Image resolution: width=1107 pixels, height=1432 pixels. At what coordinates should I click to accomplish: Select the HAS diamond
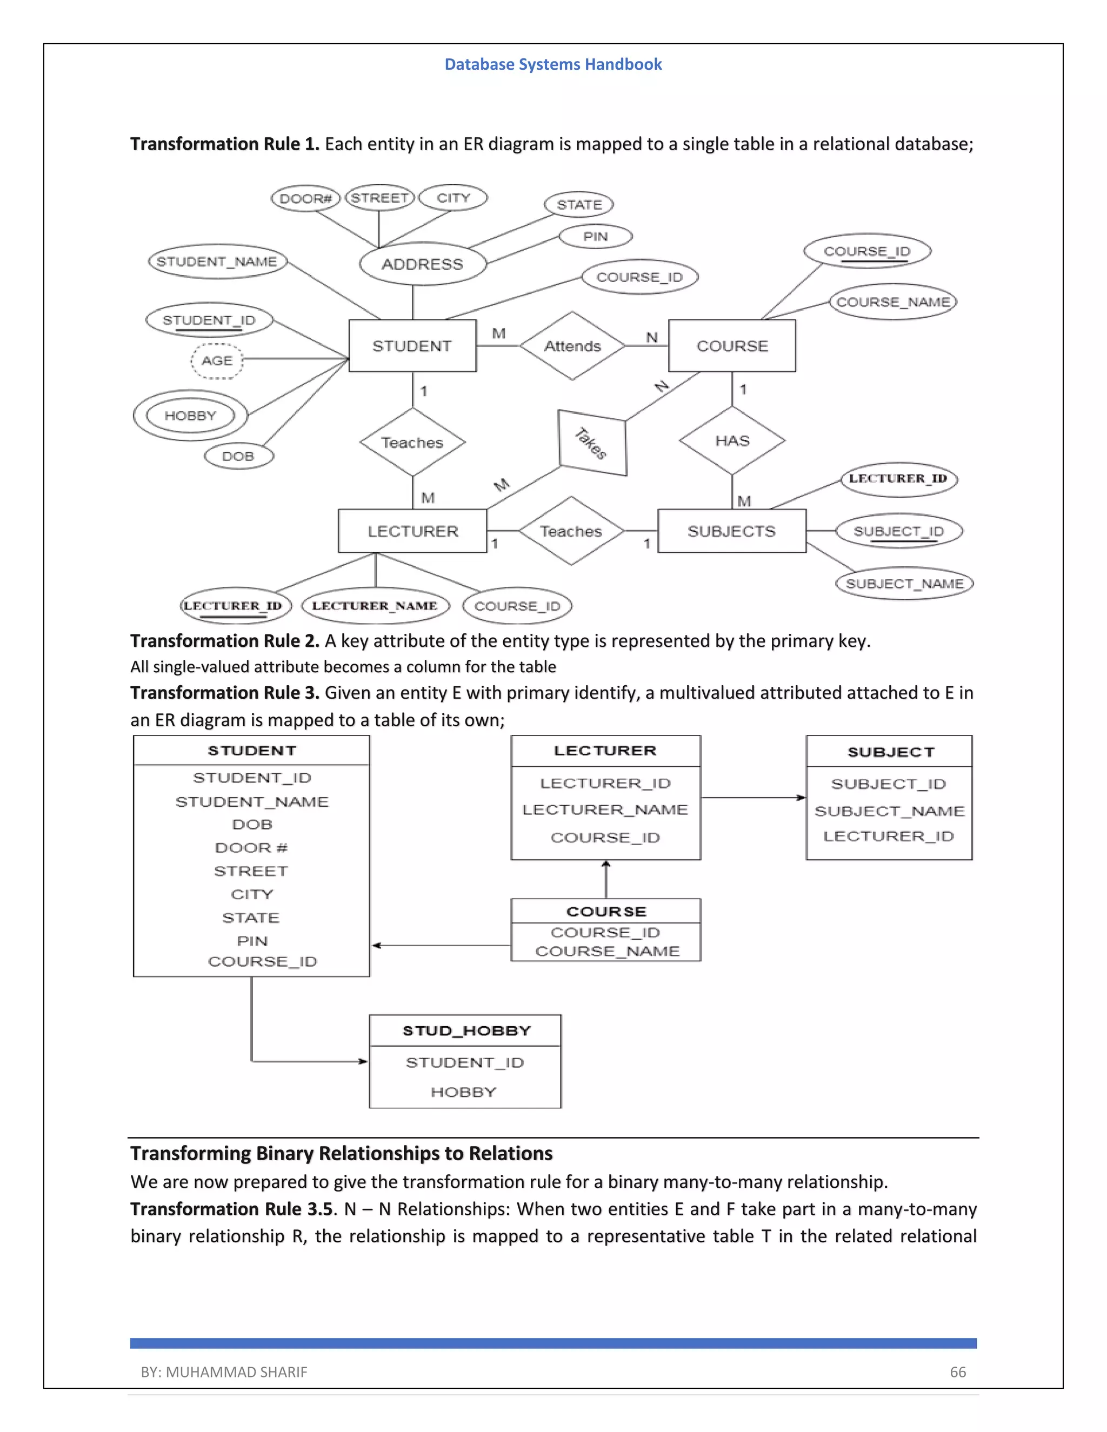(x=732, y=440)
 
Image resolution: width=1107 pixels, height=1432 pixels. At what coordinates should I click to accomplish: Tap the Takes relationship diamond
(x=592, y=443)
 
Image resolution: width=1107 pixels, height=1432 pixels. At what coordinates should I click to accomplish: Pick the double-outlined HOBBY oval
(x=190, y=416)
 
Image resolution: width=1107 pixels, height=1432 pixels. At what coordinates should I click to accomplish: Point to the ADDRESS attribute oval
(x=422, y=264)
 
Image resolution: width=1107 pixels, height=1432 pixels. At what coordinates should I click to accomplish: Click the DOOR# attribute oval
(x=305, y=198)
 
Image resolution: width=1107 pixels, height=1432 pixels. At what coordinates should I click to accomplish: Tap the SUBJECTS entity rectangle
(x=731, y=531)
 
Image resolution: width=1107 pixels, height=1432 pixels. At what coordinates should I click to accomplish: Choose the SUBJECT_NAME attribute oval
(x=904, y=584)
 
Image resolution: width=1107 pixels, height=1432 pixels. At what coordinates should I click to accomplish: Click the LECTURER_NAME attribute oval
(x=375, y=606)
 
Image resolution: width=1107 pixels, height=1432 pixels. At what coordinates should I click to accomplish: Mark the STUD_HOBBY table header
(x=465, y=1030)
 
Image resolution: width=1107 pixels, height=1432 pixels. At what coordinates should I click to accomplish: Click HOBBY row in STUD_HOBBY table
(x=464, y=1092)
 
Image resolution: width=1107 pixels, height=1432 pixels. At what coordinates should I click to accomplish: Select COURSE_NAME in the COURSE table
(x=607, y=952)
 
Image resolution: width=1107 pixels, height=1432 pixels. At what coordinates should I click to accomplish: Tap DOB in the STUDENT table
(x=252, y=825)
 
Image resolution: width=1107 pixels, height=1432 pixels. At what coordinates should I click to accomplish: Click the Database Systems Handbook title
(x=553, y=64)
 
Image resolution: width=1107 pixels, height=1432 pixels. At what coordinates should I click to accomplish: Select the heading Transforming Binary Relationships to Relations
(x=341, y=1153)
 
